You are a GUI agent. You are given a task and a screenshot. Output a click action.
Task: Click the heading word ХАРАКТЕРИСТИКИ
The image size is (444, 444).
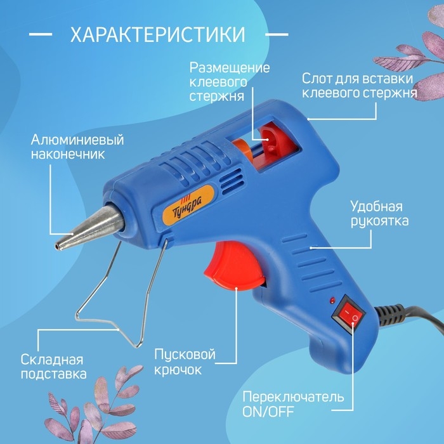pos(157,34)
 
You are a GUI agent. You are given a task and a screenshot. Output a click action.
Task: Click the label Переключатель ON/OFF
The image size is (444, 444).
pos(293,405)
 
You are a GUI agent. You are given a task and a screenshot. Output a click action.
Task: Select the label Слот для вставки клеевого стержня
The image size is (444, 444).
pos(358,86)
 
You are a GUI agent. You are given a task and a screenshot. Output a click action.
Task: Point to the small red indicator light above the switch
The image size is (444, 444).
pos(331,298)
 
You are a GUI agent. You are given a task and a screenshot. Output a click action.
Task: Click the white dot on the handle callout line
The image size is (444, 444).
pos(311,245)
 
